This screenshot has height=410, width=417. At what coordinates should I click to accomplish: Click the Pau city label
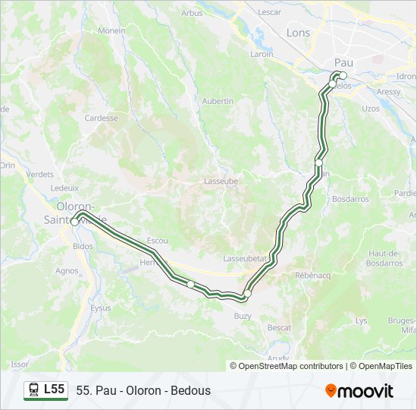coord(343,62)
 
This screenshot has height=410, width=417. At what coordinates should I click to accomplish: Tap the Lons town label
coord(298,33)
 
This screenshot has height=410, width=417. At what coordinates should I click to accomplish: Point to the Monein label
coord(111,30)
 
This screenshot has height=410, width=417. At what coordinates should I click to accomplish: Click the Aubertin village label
coord(218,100)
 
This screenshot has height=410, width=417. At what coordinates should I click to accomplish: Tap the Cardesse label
coord(101,118)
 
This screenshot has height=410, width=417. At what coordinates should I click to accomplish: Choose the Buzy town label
coord(243,315)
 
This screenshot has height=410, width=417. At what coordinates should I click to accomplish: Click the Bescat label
coord(279,327)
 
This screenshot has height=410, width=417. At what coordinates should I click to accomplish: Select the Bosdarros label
coord(350,199)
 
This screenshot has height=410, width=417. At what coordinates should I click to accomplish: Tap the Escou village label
coord(157,240)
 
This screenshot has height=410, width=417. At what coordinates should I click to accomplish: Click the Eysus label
coord(101,308)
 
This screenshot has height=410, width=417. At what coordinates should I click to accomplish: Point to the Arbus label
coord(193,13)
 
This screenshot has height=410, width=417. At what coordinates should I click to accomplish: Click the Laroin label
coord(262,55)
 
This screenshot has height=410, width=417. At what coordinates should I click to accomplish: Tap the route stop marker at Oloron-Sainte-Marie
coord(75,222)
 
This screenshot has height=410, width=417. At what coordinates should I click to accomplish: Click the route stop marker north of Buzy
coord(247,293)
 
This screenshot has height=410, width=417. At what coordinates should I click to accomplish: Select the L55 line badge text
coord(54,389)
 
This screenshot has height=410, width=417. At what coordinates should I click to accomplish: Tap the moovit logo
coord(359,391)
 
